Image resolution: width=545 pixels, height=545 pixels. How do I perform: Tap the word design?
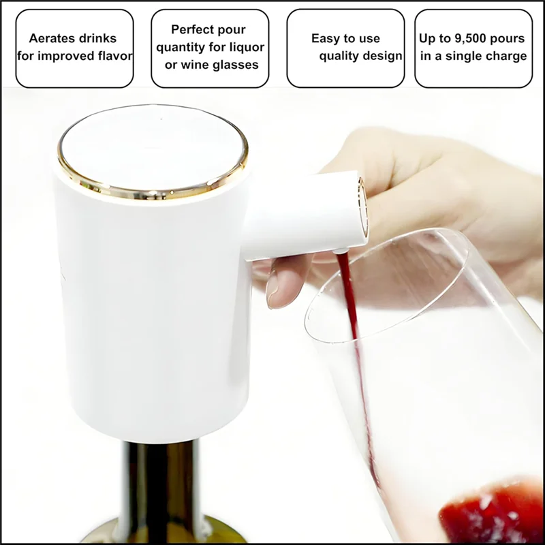tap(381, 56)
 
